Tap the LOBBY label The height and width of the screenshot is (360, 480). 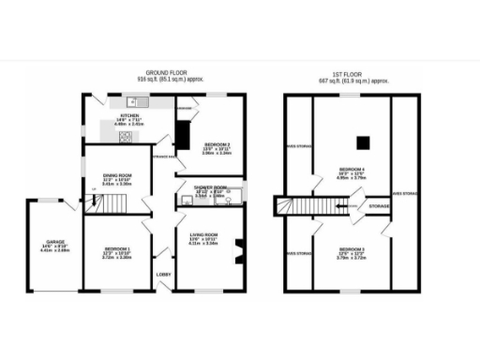click(161, 276)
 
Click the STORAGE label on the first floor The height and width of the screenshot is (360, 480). click(379, 204)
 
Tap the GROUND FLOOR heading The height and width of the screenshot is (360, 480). click(164, 73)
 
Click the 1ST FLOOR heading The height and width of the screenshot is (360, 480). click(352, 73)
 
